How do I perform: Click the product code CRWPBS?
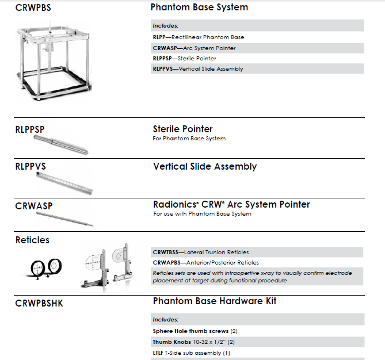[32, 8]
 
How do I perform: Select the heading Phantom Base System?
[199, 7]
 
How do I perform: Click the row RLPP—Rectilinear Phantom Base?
[198, 37]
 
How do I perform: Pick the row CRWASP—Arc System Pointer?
[194, 48]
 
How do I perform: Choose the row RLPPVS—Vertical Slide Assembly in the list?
[198, 69]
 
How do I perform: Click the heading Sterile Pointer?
[182, 129]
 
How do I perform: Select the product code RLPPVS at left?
[31, 167]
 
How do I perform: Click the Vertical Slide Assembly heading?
[205, 167]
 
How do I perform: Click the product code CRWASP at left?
[32, 204]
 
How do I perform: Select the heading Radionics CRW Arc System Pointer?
[231, 205]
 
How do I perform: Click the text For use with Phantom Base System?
[202, 214]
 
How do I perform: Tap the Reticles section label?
[32, 240]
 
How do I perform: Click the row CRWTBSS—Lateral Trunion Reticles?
[200, 252]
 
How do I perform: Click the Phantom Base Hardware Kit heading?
[215, 301]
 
